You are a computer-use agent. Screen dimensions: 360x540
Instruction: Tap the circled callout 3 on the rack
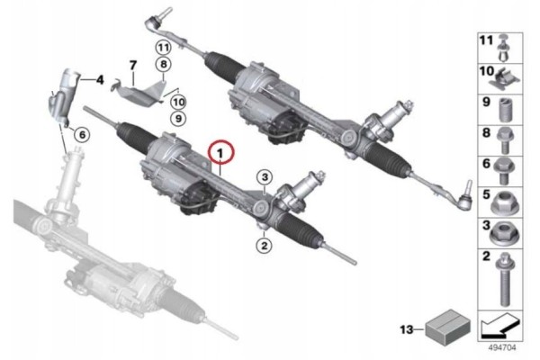tap(264, 177)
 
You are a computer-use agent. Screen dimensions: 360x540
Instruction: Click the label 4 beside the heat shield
tap(100, 80)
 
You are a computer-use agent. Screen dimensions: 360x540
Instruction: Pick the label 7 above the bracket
tap(131, 66)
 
